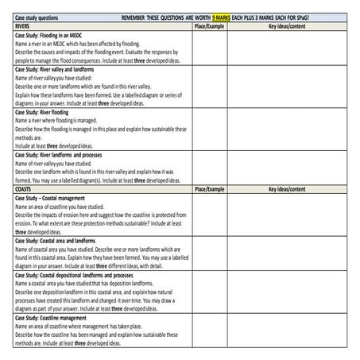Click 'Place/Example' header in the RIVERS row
(209, 26)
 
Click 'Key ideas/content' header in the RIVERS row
(287, 26)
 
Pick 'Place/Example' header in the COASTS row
(209, 190)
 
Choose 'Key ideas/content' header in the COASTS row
(287, 190)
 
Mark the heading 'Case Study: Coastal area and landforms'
(63, 240)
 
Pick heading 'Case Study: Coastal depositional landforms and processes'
(79, 274)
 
